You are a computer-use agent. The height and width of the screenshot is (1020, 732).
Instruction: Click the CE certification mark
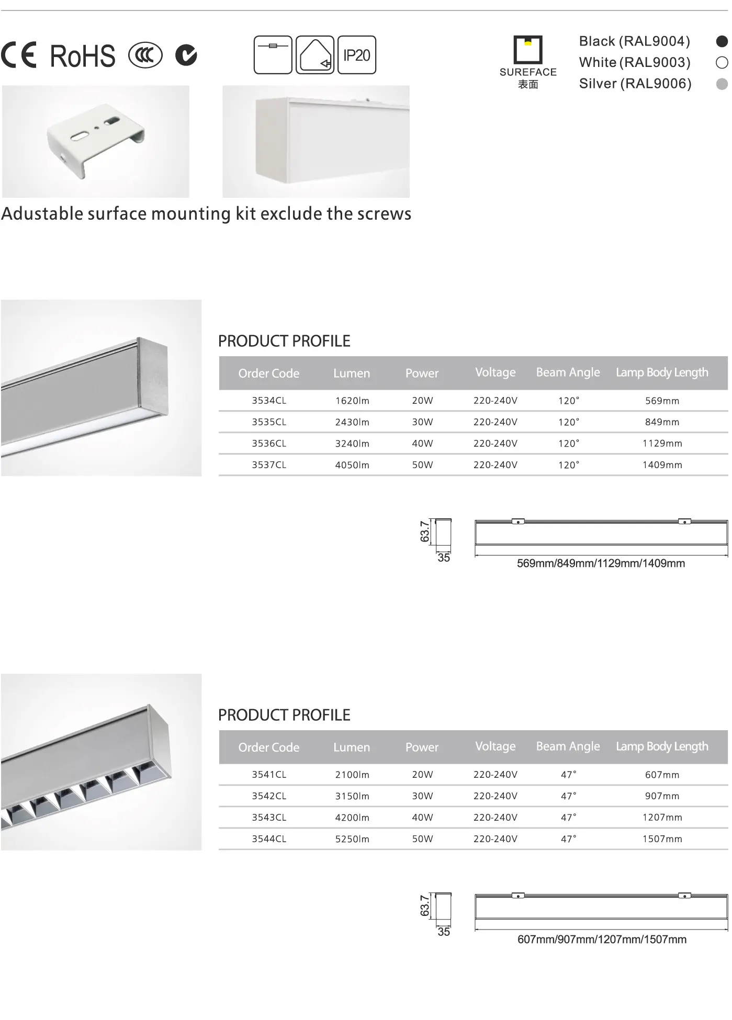(x=19, y=55)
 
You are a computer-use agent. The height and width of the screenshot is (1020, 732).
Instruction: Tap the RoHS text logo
(x=82, y=56)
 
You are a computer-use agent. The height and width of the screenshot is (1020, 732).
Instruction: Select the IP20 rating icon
(x=356, y=55)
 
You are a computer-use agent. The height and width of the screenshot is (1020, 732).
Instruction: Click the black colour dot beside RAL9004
(x=722, y=41)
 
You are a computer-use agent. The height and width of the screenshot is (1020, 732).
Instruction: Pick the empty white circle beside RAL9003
(x=722, y=63)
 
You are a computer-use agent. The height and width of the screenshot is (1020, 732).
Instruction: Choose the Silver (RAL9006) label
(x=635, y=84)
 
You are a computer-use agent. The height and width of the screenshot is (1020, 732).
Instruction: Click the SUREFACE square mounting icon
(x=527, y=49)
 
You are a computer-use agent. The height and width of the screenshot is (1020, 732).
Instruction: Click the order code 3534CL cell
(x=269, y=401)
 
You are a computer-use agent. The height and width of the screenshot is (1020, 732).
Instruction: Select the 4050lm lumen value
(x=352, y=465)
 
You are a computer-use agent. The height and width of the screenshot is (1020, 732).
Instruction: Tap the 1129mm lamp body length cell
(x=662, y=444)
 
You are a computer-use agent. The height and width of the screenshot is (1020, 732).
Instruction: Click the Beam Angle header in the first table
(x=568, y=372)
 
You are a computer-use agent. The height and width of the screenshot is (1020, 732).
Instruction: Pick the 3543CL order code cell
(x=269, y=818)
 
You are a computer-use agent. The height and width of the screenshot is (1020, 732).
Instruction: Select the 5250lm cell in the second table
(x=352, y=839)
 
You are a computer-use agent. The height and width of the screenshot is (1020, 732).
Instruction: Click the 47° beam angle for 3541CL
(x=568, y=775)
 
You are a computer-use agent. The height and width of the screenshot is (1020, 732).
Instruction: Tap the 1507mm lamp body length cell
(x=662, y=839)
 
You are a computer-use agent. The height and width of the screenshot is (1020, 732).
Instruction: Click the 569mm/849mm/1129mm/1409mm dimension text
(x=601, y=563)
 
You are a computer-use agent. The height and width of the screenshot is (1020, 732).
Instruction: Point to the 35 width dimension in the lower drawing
(x=443, y=932)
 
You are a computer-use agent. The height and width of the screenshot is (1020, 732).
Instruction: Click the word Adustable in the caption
(x=42, y=214)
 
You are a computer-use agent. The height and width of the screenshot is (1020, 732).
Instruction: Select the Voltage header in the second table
(x=495, y=746)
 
